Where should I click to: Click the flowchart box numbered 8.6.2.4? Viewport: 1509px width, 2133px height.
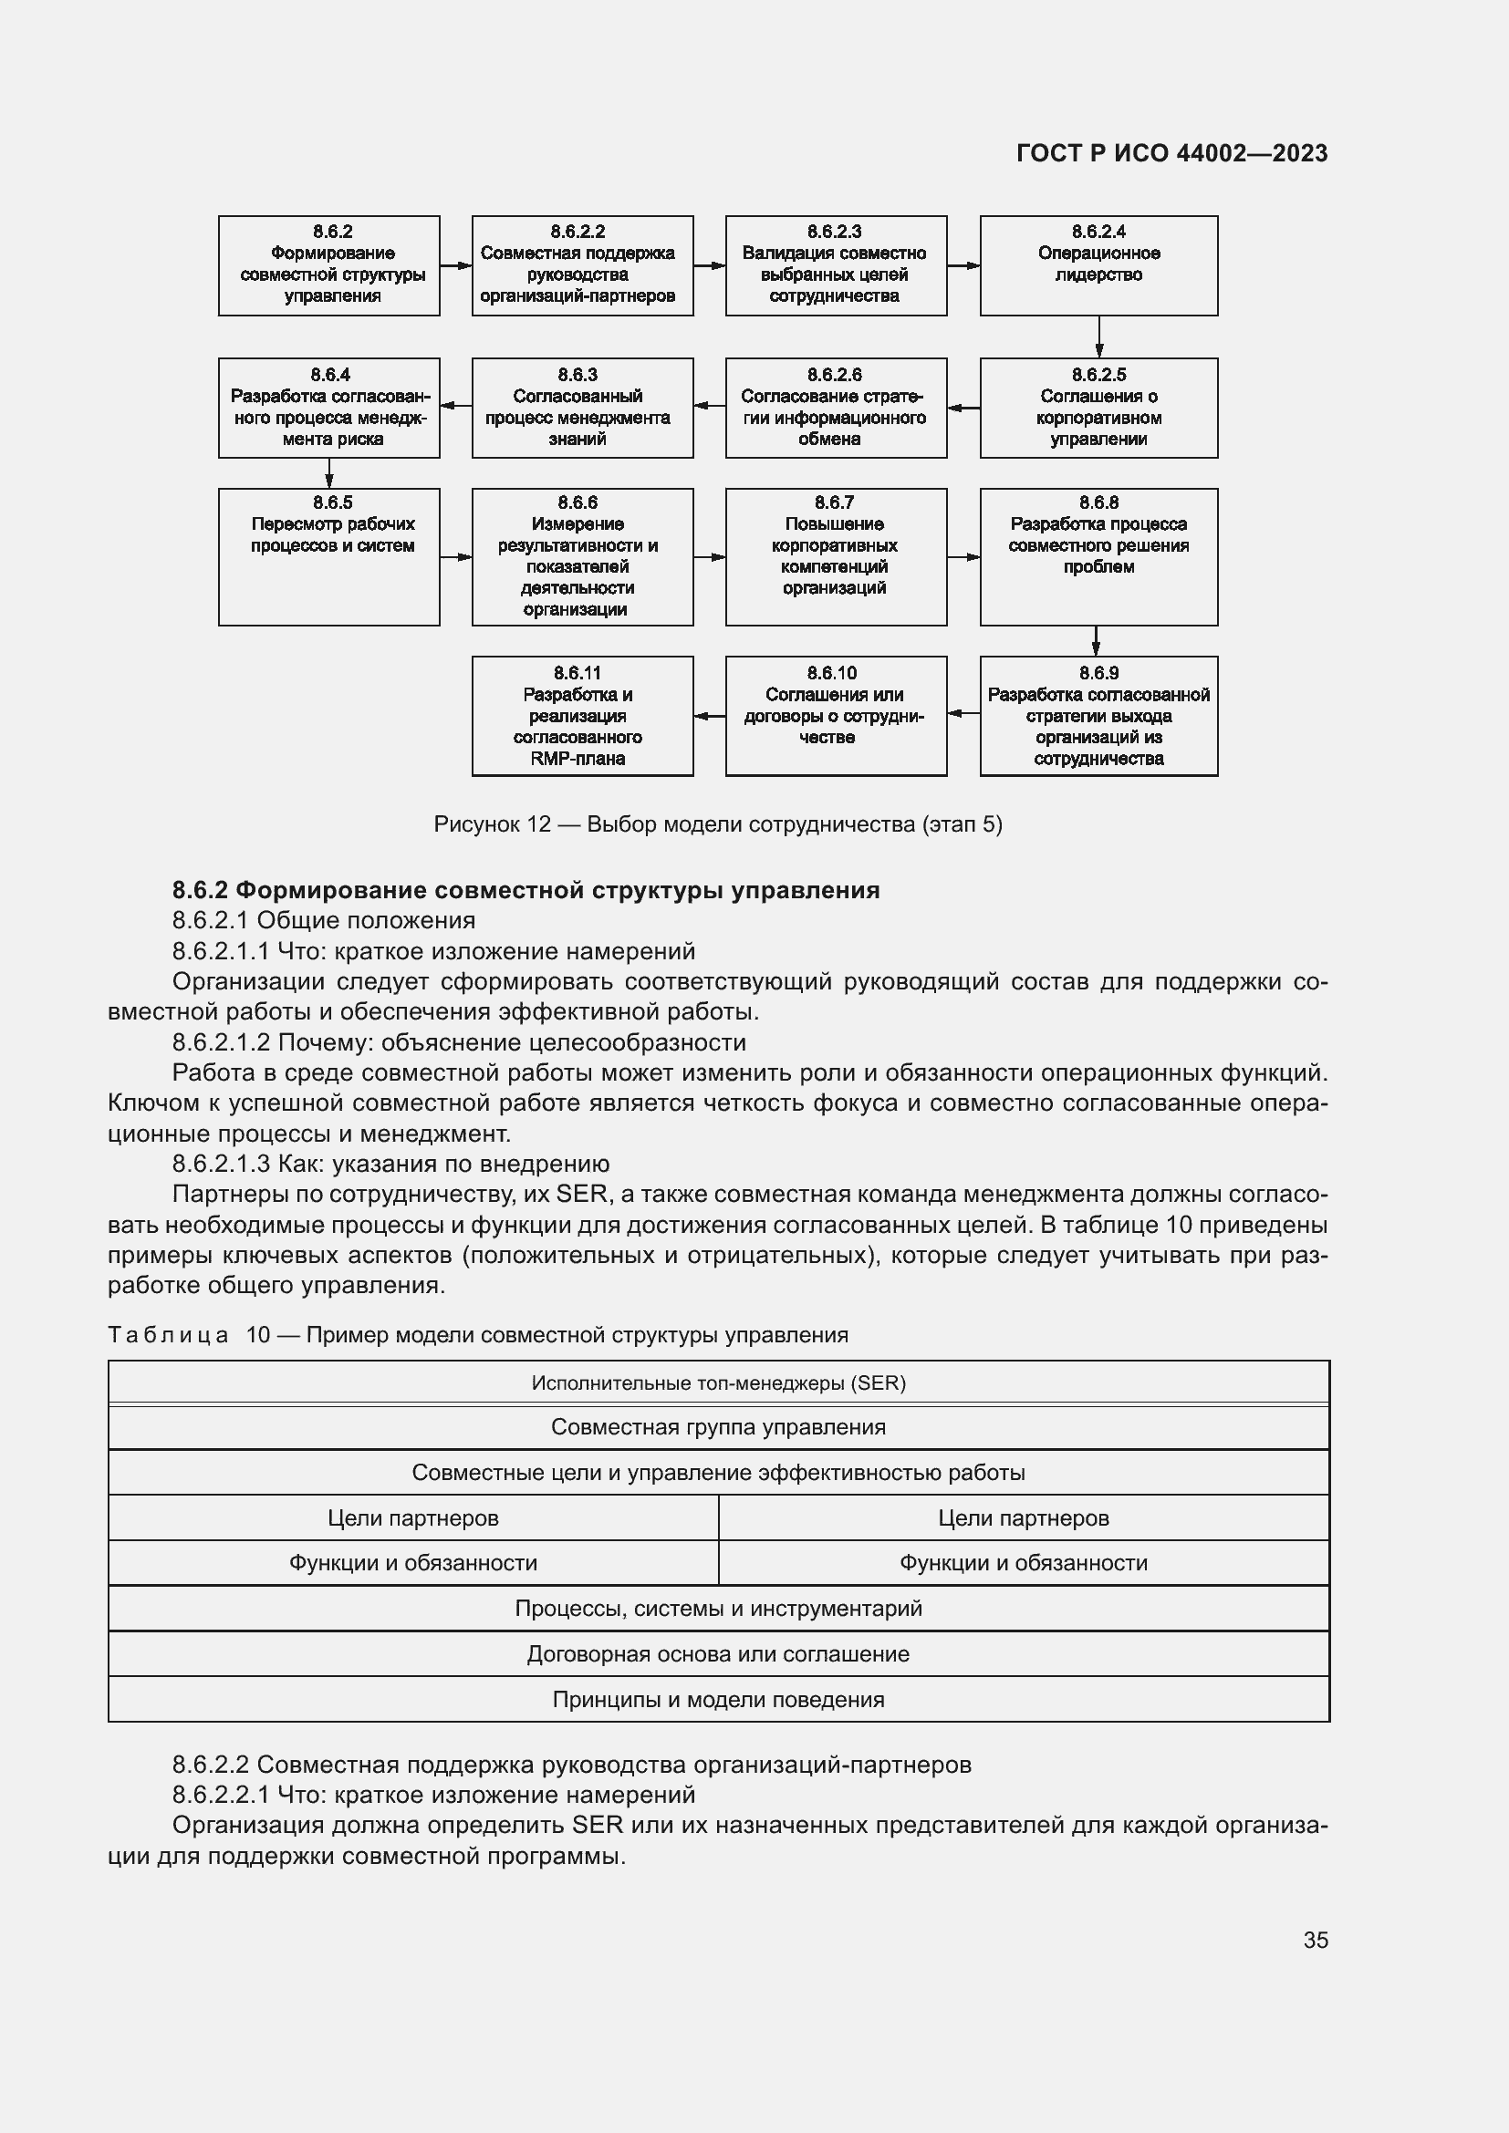coord(1098,265)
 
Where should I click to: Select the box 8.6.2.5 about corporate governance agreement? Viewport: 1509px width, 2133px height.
coord(1098,408)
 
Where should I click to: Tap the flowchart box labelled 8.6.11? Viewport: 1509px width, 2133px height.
coord(583,715)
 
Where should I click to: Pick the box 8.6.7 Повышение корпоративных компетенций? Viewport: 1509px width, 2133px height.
coord(836,556)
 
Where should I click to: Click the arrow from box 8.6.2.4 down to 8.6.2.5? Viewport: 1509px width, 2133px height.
coord(1099,337)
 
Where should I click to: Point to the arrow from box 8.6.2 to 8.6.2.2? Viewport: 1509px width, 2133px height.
coord(455,265)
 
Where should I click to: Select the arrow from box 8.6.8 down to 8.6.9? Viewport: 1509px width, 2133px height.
coord(1097,641)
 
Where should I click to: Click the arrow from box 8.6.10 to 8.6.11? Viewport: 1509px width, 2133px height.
coord(710,715)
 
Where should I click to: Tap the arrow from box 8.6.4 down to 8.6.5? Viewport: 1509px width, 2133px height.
coord(329,473)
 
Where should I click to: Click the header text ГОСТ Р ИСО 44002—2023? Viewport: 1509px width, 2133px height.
coord(1171,153)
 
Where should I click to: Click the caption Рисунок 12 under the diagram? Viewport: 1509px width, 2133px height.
coord(717,824)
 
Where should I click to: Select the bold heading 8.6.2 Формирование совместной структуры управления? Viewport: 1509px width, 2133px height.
coord(526,890)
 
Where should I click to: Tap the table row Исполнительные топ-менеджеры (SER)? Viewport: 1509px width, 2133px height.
coord(718,1382)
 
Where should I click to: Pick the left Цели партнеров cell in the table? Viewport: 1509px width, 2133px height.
coord(412,1518)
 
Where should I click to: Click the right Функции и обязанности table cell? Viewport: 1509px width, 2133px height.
coord(1023,1563)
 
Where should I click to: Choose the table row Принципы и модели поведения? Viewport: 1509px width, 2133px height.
coord(718,1699)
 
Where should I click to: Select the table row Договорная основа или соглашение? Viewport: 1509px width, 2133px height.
coord(718,1653)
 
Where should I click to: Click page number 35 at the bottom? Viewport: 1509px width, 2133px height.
coord(1315,1940)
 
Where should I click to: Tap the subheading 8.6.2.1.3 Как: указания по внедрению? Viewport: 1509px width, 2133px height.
coord(390,1163)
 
